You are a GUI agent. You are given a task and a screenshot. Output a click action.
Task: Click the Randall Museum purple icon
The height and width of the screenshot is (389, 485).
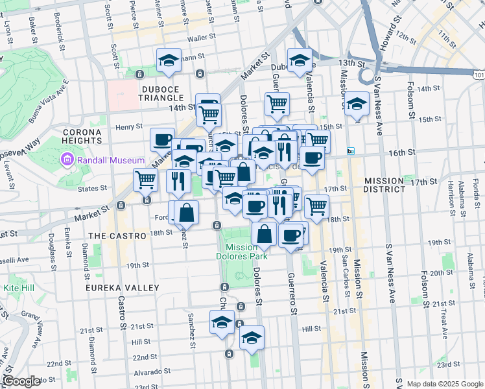click(65, 159)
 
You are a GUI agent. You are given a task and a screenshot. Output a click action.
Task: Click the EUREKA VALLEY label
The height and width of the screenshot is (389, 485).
click(123, 287)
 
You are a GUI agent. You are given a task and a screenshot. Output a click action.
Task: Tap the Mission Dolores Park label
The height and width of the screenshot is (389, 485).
click(246, 252)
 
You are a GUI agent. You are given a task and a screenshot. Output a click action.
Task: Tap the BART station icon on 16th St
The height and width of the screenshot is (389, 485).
click(351, 151)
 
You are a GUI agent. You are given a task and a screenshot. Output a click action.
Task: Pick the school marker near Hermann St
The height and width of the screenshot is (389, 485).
click(169, 61)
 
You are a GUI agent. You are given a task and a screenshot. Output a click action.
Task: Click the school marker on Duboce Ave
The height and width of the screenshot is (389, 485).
click(300, 61)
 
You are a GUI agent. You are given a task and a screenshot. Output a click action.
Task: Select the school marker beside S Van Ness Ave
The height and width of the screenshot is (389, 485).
click(357, 104)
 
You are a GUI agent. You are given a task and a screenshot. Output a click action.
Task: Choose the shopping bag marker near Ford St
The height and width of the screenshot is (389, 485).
click(186, 212)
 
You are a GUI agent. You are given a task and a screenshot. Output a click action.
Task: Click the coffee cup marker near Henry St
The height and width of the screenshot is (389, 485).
click(162, 139)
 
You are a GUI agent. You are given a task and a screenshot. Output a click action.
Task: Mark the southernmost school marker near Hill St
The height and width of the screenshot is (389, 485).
click(252, 337)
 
